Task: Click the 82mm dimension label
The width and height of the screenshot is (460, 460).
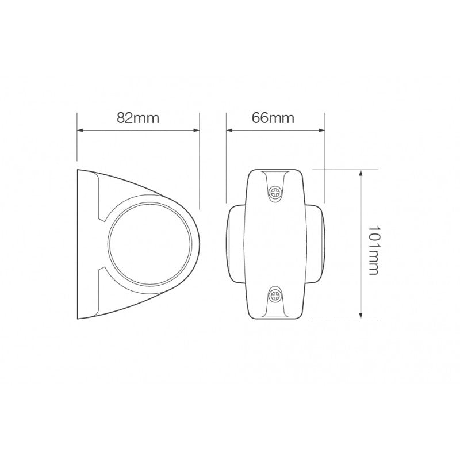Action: pyautogui.click(x=137, y=118)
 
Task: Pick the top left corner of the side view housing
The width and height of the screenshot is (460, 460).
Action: pyautogui.click(x=78, y=170)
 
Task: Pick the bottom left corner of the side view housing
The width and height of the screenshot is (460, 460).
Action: pyautogui.click(x=78, y=318)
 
